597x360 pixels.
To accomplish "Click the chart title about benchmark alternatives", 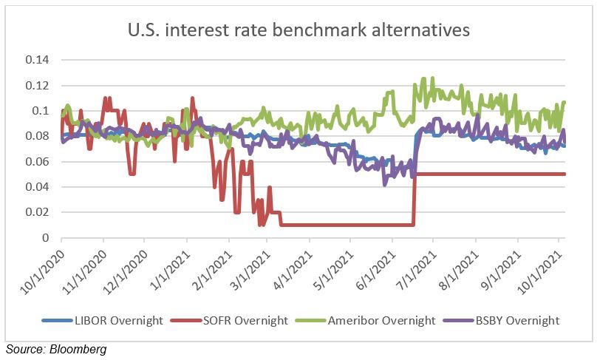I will coord(298,30).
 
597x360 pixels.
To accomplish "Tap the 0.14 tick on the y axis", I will coord(38,60).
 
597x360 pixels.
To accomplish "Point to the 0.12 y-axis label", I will coord(38,86).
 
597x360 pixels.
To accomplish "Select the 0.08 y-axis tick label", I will coord(38,136).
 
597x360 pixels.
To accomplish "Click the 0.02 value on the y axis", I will coord(38,212).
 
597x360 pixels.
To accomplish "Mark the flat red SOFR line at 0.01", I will coord(340,225).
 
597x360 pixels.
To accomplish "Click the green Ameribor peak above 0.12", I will coord(423,79).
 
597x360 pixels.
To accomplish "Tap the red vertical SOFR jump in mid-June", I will coord(415,200).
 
